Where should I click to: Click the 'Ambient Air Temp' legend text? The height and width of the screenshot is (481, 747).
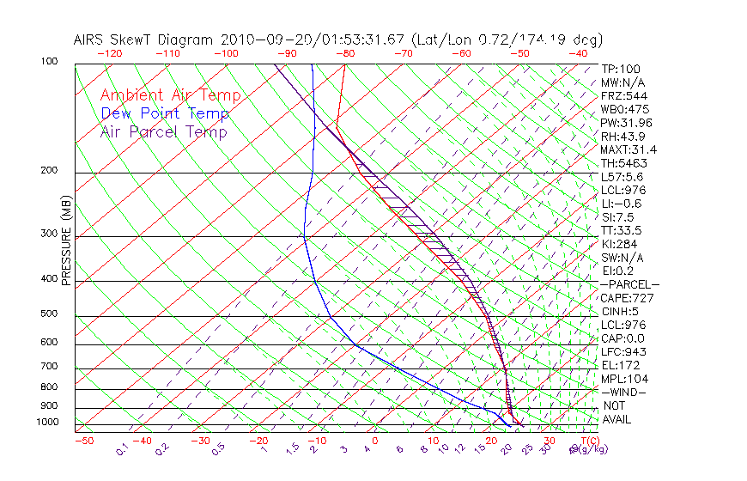170,95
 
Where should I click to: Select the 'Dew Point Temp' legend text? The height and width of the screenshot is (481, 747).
165,113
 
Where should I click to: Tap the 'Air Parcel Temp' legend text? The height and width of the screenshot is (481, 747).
163,131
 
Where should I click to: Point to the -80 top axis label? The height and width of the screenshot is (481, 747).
345,52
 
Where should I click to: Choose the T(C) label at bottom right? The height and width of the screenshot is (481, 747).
586,441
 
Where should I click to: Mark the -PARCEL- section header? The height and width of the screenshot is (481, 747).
629,284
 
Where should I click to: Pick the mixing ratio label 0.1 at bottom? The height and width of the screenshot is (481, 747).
122,448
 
